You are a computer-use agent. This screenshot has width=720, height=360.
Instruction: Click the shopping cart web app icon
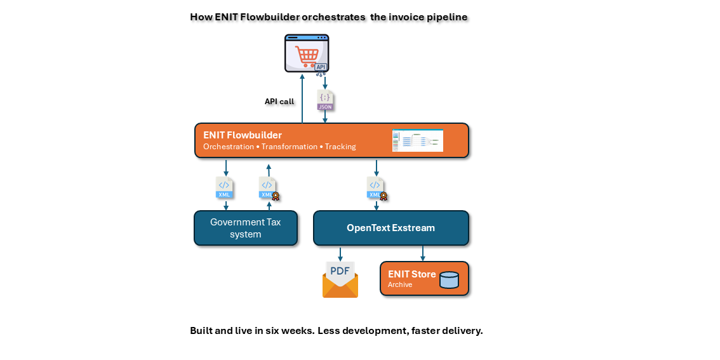(306, 53)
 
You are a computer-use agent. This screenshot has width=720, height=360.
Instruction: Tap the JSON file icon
(325, 100)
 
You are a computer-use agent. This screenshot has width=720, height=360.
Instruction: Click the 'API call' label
(279, 101)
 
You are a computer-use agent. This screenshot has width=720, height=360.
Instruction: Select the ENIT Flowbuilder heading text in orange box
(243, 135)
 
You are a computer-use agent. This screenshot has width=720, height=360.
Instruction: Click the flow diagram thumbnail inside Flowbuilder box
(417, 140)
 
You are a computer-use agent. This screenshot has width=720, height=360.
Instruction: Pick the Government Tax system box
(245, 228)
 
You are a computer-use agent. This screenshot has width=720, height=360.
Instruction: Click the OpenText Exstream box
(390, 228)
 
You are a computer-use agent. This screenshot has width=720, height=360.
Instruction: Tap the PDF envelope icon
(340, 280)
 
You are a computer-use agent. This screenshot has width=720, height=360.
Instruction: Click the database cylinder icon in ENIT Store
(449, 279)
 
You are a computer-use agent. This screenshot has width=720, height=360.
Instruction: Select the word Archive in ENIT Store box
(400, 284)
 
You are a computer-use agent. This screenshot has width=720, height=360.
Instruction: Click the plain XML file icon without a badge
(224, 187)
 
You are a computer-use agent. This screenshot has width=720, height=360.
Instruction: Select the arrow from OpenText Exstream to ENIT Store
(423, 253)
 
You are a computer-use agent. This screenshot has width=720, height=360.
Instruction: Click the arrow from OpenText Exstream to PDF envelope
(340, 253)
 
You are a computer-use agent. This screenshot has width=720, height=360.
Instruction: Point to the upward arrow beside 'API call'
(302, 98)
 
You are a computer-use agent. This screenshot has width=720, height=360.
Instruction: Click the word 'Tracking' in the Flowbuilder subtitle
(340, 147)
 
